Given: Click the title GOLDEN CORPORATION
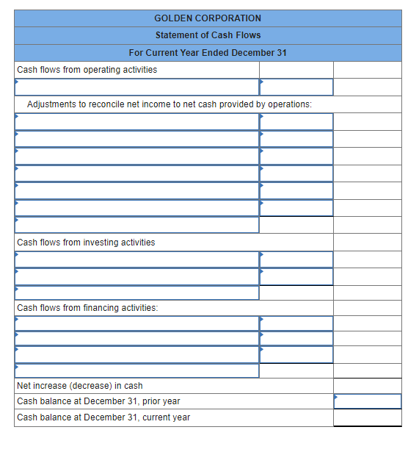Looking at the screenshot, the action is pyautogui.click(x=208, y=18).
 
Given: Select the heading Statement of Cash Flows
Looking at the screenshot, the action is pyautogui.click(x=208, y=35).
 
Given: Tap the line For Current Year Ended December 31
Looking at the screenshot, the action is pyautogui.click(x=208, y=53).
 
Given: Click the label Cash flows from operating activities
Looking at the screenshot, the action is pyautogui.click(x=87, y=70).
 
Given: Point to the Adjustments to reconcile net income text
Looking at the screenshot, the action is pyautogui.click(x=169, y=104).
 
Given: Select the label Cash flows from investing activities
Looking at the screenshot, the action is pyautogui.click(x=86, y=243).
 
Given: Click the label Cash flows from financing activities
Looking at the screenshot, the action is pyautogui.click(x=87, y=308).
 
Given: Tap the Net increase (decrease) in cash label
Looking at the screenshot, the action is pyautogui.click(x=79, y=386).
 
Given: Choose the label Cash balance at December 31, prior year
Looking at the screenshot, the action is pyautogui.click(x=98, y=401).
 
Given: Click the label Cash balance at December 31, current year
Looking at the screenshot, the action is pyautogui.click(x=103, y=417).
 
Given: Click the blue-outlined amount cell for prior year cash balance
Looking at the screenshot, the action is pyautogui.click(x=367, y=401).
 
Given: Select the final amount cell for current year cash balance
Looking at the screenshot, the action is pyautogui.click(x=367, y=417).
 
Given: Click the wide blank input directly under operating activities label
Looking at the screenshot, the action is pyautogui.click(x=136, y=87).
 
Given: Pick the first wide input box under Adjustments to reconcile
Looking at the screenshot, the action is pyautogui.click(x=136, y=121).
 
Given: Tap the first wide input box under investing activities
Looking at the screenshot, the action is pyautogui.click(x=136, y=259).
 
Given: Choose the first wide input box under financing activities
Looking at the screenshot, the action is pyautogui.click(x=136, y=323).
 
